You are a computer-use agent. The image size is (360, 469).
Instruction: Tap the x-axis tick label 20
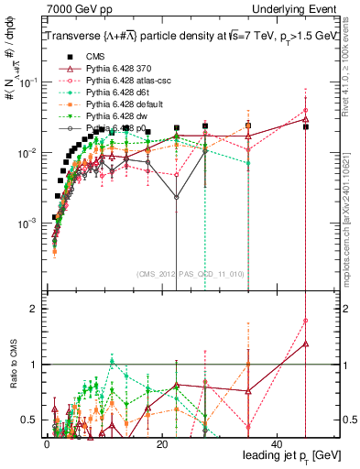click(x=161, y=442)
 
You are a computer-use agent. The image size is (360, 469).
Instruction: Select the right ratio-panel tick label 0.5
click(x=349, y=420)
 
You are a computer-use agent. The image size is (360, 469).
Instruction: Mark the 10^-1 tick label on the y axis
click(x=27, y=82)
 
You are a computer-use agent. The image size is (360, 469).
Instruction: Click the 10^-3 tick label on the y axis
click(x=27, y=224)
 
